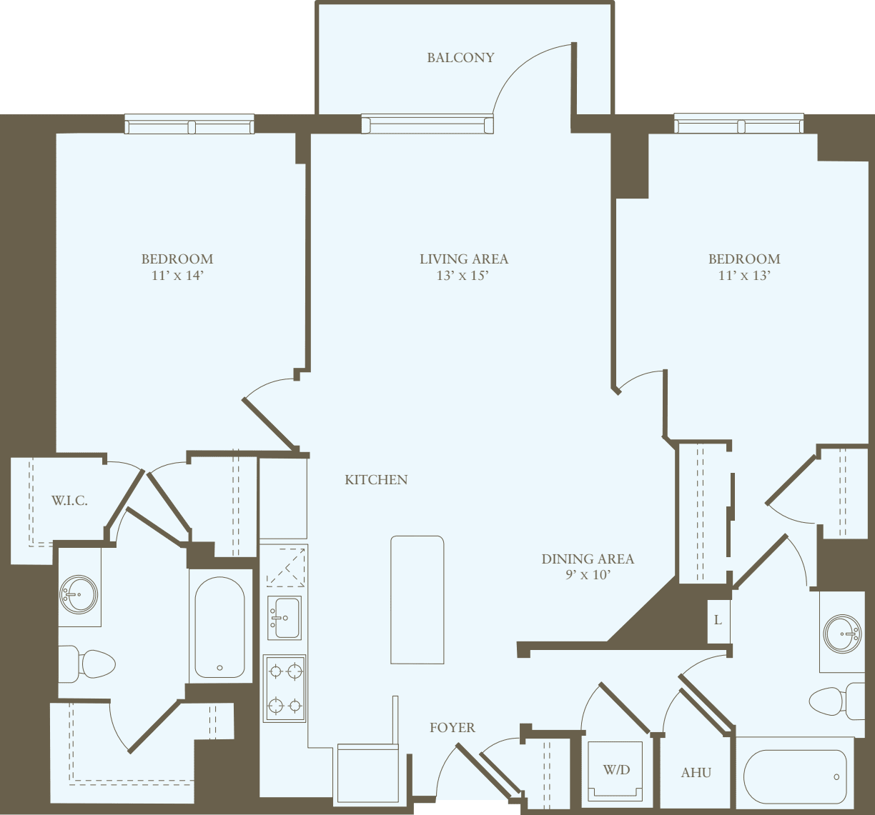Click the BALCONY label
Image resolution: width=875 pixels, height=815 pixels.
pyautogui.click(x=460, y=58)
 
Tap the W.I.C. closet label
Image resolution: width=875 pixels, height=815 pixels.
pyautogui.click(x=69, y=501)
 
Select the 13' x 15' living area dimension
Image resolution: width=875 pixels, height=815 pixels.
pyautogui.click(x=463, y=276)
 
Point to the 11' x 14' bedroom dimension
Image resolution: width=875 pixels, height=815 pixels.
pyautogui.click(x=177, y=276)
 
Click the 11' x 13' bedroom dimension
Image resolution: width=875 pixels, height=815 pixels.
pyautogui.click(x=744, y=276)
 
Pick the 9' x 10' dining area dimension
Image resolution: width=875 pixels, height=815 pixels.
pyautogui.click(x=588, y=575)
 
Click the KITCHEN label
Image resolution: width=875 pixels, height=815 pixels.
pyautogui.click(x=376, y=480)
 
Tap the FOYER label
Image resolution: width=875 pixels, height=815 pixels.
pyautogui.click(x=452, y=728)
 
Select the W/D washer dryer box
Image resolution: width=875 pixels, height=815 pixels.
pyautogui.click(x=616, y=771)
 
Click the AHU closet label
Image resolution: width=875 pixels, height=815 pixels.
pyautogui.click(x=696, y=773)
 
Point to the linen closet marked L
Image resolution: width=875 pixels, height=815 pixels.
pyautogui.click(x=718, y=620)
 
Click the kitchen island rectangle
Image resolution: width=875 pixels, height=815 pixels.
pyautogui.click(x=417, y=599)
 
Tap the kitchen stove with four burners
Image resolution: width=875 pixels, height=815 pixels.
pyautogui.click(x=285, y=689)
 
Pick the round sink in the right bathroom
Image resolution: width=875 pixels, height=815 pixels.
pyautogui.click(x=841, y=634)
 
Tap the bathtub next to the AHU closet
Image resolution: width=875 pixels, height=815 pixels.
pyautogui.click(x=794, y=777)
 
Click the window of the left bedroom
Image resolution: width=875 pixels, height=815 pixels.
pyautogui.click(x=189, y=126)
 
